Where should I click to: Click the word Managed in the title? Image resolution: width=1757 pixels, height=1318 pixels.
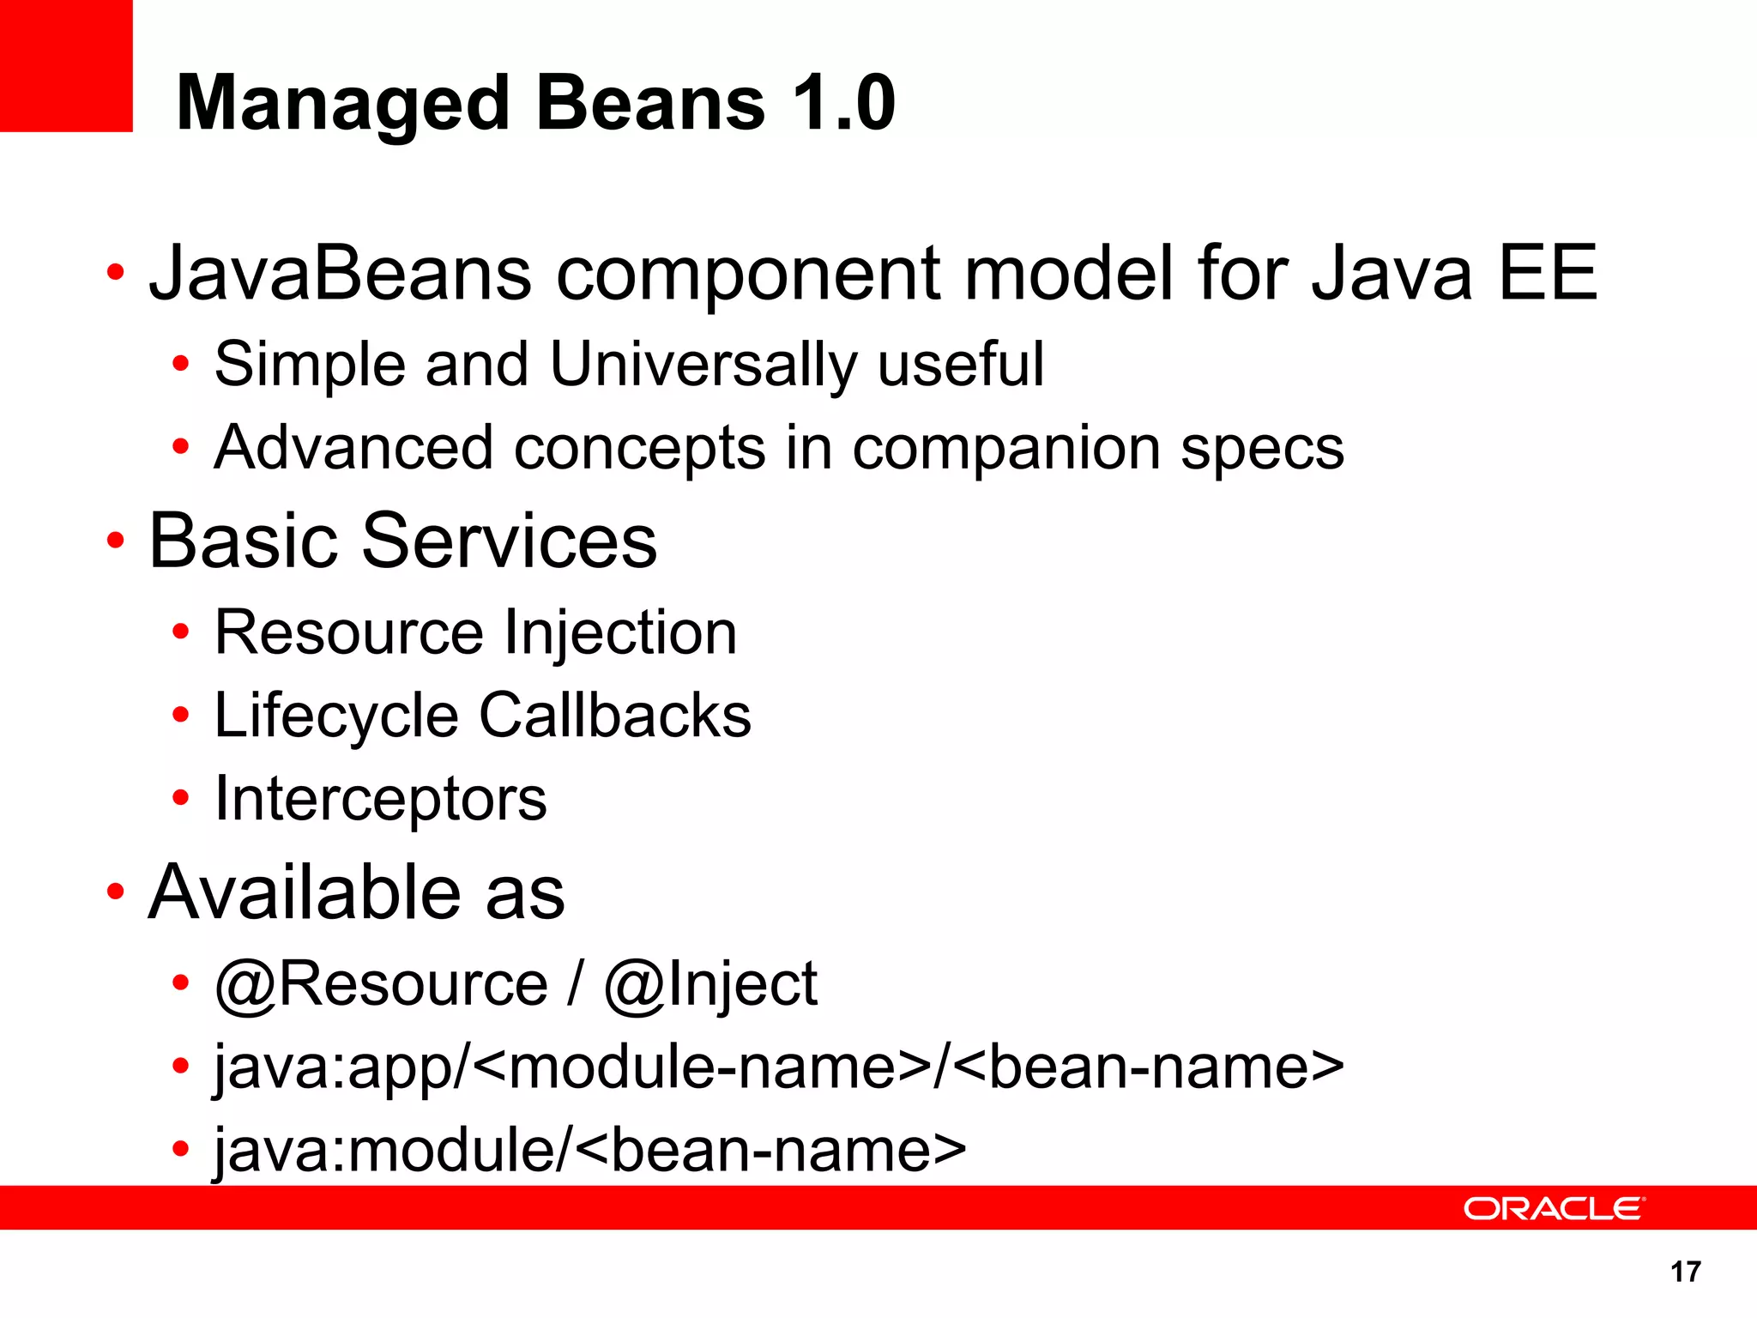click(x=343, y=105)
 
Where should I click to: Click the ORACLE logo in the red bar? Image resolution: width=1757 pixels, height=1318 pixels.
click(x=1554, y=1208)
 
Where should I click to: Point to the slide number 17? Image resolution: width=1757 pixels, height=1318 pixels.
click(x=1685, y=1272)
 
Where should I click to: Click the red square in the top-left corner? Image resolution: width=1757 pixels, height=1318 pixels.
click(x=66, y=65)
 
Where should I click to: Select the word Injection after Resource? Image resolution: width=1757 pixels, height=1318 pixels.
click(x=621, y=633)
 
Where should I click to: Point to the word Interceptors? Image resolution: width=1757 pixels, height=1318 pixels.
click(x=380, y=800)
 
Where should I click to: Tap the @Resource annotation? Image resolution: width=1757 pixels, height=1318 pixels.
click(x=381, y=983)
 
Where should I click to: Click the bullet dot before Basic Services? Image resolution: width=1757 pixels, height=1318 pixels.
click(x=116, y=541)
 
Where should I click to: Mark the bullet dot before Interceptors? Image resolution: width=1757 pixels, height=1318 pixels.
click(x=180, y=798)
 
